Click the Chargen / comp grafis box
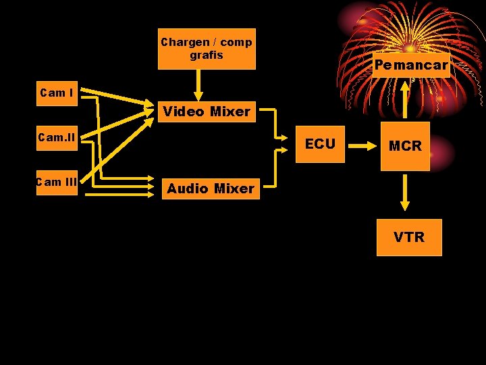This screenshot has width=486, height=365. point(207,49)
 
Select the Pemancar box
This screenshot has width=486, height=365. point(411,66)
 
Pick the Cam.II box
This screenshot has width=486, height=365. point(57,139)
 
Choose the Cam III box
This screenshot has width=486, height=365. point(57,182)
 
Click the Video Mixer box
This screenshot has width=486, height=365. point(207,112)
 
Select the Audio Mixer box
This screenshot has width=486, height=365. point(210,189)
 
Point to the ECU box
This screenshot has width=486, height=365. point(320,144)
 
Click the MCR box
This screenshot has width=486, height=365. point(405,146)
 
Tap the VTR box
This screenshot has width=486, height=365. point(409,237)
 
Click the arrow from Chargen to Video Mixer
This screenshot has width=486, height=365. point(198,84)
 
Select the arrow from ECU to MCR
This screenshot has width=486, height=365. point(362,145)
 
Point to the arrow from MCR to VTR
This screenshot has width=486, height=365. point(405,193)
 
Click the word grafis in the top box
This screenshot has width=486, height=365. point(207,55)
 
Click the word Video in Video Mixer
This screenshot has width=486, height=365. point(184,112)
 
